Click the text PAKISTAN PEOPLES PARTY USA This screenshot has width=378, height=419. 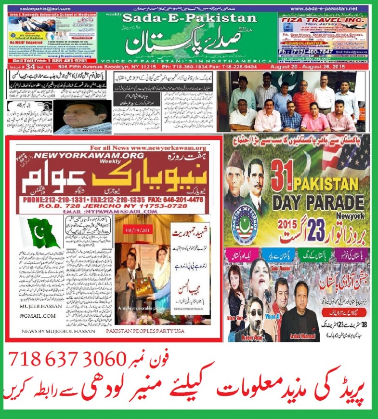[153, 332]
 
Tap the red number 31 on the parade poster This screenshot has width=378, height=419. [282, 179]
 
